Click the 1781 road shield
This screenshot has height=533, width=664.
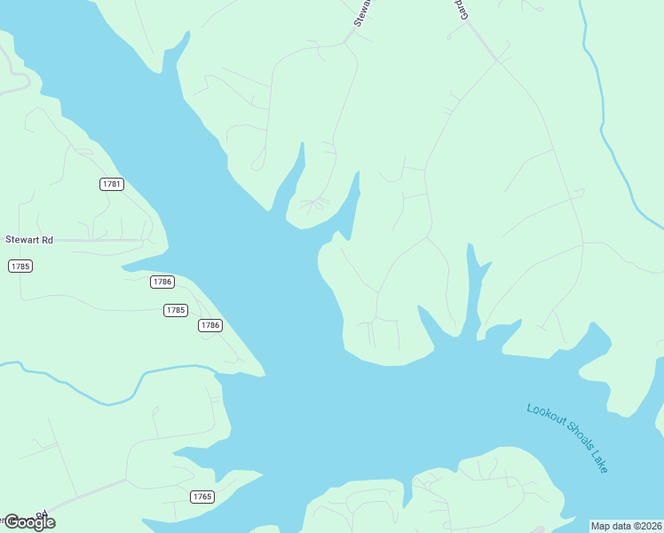coord(111,184)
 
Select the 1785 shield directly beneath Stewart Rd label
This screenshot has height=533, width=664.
coord(20,266)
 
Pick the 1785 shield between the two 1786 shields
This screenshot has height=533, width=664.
coord(176,310)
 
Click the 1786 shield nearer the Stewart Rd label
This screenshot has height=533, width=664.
coord(162,282)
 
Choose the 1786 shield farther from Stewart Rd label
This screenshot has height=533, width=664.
coord(209,325)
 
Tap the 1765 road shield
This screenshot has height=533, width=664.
coord(202,497)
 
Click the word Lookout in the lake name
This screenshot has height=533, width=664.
coord(545,418)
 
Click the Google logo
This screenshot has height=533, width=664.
coord(29,521)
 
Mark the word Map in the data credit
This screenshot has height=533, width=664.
coord(601,526)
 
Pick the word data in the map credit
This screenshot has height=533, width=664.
coord(621,526)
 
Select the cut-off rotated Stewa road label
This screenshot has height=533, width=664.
coord(362,13)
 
